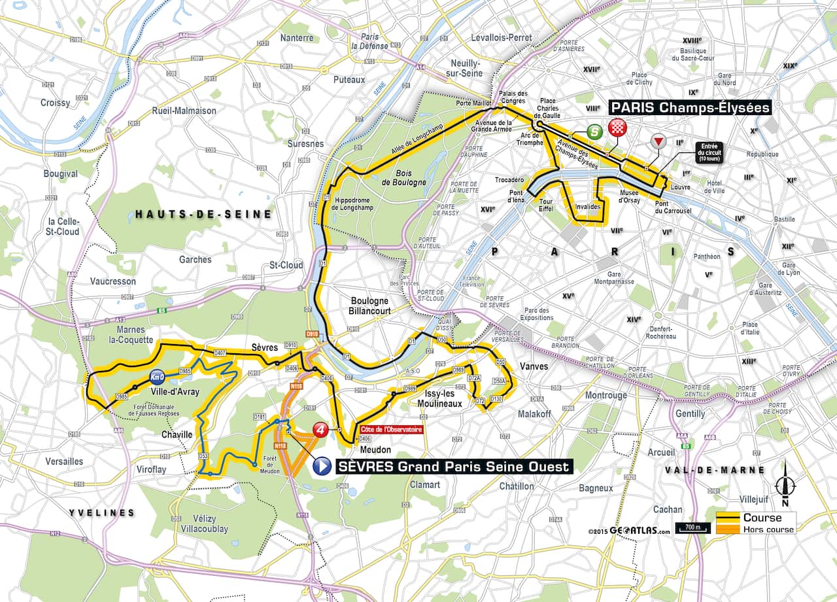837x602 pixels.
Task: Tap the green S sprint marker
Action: [594, 132]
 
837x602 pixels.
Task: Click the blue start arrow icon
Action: [322, 466]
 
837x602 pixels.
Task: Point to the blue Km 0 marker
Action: [156, 377]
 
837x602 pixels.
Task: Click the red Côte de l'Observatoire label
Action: [390, 430]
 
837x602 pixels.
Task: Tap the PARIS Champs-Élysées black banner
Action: [690, 107]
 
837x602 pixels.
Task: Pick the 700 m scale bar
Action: [693, 528]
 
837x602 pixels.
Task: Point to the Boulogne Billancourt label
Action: [369, 306]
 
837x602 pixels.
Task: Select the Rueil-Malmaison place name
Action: [184, 111]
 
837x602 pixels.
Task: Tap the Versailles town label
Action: [64, 461]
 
